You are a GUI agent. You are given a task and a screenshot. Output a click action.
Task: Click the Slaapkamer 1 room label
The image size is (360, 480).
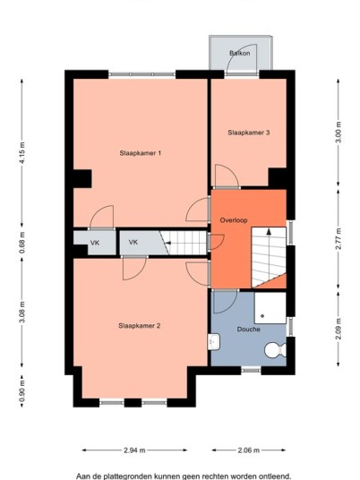(141, 153)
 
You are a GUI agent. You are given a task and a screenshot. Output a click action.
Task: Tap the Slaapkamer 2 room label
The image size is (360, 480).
(140, 326)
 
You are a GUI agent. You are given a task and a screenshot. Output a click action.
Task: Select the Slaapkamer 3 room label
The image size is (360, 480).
(249, 133)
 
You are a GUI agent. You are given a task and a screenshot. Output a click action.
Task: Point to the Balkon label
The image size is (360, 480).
(240, 53)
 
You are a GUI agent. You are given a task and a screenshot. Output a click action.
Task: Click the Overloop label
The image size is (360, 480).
(234, 220)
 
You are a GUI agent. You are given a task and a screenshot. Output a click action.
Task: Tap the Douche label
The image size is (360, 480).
(249, 330)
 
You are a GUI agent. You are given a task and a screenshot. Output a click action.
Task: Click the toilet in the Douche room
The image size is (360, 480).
(275, 350)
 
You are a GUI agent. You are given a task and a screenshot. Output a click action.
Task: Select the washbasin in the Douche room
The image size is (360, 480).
(214, 341)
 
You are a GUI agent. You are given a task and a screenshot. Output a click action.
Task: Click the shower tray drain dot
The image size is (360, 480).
(262, 316)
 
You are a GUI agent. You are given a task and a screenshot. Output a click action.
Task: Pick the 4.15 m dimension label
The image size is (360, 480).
(22, 152)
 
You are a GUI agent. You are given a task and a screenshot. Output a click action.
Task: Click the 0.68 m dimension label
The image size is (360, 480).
(22, 243)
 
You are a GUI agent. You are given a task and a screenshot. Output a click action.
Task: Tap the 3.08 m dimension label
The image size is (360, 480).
(22, 313)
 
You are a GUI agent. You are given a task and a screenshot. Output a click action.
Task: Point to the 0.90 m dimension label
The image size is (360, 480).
(22, 391)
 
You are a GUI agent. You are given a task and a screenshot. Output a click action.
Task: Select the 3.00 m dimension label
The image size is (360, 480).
(339, 133)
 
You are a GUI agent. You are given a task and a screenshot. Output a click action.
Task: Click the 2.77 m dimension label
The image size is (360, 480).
(339, 239)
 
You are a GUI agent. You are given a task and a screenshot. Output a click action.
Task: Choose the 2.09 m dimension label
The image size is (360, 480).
(339, 329)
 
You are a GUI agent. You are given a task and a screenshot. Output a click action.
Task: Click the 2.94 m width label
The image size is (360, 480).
(134, 450)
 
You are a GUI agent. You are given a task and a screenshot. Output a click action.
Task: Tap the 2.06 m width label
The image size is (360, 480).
(249, 450)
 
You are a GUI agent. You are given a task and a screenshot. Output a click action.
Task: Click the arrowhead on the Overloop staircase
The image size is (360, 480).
(269, 231)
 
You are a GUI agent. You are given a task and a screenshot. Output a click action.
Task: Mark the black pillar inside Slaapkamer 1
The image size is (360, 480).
(82, 179)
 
